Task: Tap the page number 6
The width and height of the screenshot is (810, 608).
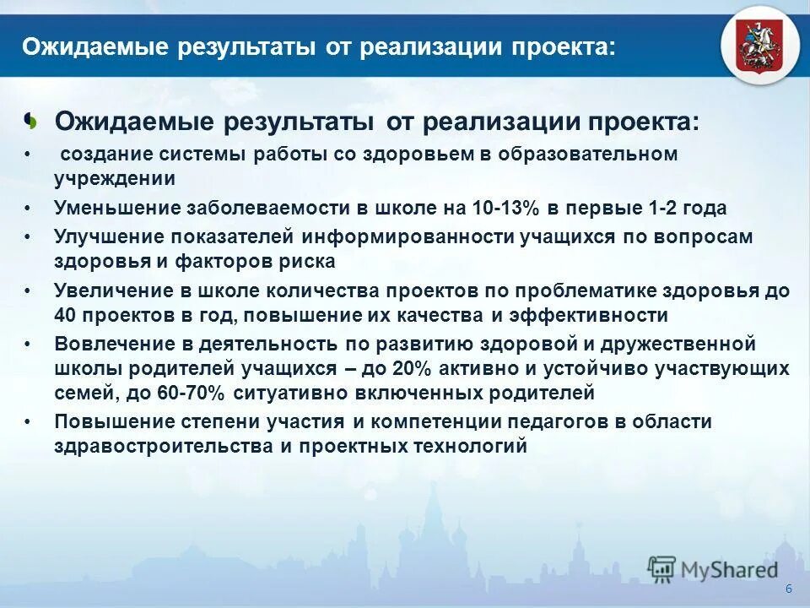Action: pos(788,589)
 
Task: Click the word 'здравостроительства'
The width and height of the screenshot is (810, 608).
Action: pos(161,446)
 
